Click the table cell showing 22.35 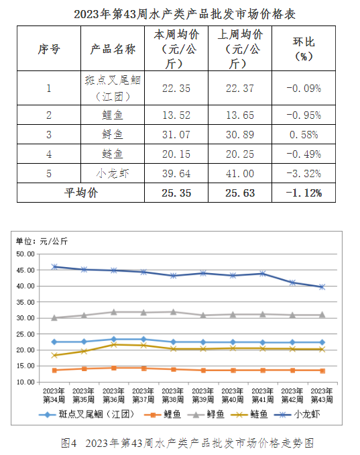tap(176, 88)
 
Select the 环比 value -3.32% tap(304, 174)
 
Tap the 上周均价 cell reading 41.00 tap(240, 174)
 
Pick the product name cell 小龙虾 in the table tap(113, 174)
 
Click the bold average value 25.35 tap(176, 193)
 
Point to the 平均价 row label tap(81, 193)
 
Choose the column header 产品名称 tap(113, 49)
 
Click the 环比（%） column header tap(304, 49)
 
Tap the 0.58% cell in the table tap(304, 135)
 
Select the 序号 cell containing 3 tap(49, 135)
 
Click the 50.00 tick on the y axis tap(25, 254)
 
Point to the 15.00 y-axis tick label tap(25, 366)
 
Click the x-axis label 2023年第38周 tap(173, 395)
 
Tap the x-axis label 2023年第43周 tap(322, 395)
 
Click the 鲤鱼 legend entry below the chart tap(163, 414)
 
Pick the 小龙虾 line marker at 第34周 tap(54, 267)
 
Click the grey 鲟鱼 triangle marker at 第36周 tap(114, 312)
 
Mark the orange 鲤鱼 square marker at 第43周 tap(322, 371)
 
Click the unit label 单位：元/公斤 tap(42, 241)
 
